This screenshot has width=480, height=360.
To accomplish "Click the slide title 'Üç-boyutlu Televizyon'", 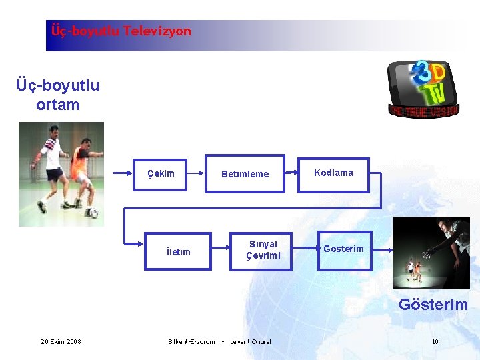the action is pyautogui.click(x=121, y=31).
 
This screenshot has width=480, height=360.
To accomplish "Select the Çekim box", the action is pyautogui.click(x=161, y=173).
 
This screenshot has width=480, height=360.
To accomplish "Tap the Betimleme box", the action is pyautogui.click(x=245, y=174).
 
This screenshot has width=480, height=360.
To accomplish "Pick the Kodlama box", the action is pyautogui.click(x=333, y=173).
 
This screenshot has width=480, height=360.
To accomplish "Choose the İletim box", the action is pyautogui.click(x=178, y=251).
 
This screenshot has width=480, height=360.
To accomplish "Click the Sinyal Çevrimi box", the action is pyautogui.click(x=263, y=250).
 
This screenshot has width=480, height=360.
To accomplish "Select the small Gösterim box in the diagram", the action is pyautogui.click(x=343, y=249).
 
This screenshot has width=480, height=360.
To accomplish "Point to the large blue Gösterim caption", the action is pyautogui.click(x=433, y=305).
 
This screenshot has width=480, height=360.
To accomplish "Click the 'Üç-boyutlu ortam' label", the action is pyautogui.click(x=58, y=95).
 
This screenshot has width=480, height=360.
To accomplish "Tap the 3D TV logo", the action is pyautogui.click(x=423, y=88).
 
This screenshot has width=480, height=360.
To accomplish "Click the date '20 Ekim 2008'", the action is pyautogui.click(x=61, y=342).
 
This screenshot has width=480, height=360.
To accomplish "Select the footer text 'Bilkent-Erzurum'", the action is pyautogui.click(x=191, y=342).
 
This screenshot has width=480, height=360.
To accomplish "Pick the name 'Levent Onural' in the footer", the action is pyautogui.click(x=251, y=342).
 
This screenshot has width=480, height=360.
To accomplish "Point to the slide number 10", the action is pyautogui.click(x=435, y=342).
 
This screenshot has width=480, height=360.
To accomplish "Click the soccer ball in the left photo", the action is pyautogui.click(x=93, y=213).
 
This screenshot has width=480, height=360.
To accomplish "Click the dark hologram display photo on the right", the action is pyautogui.click(x=431, y=253).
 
